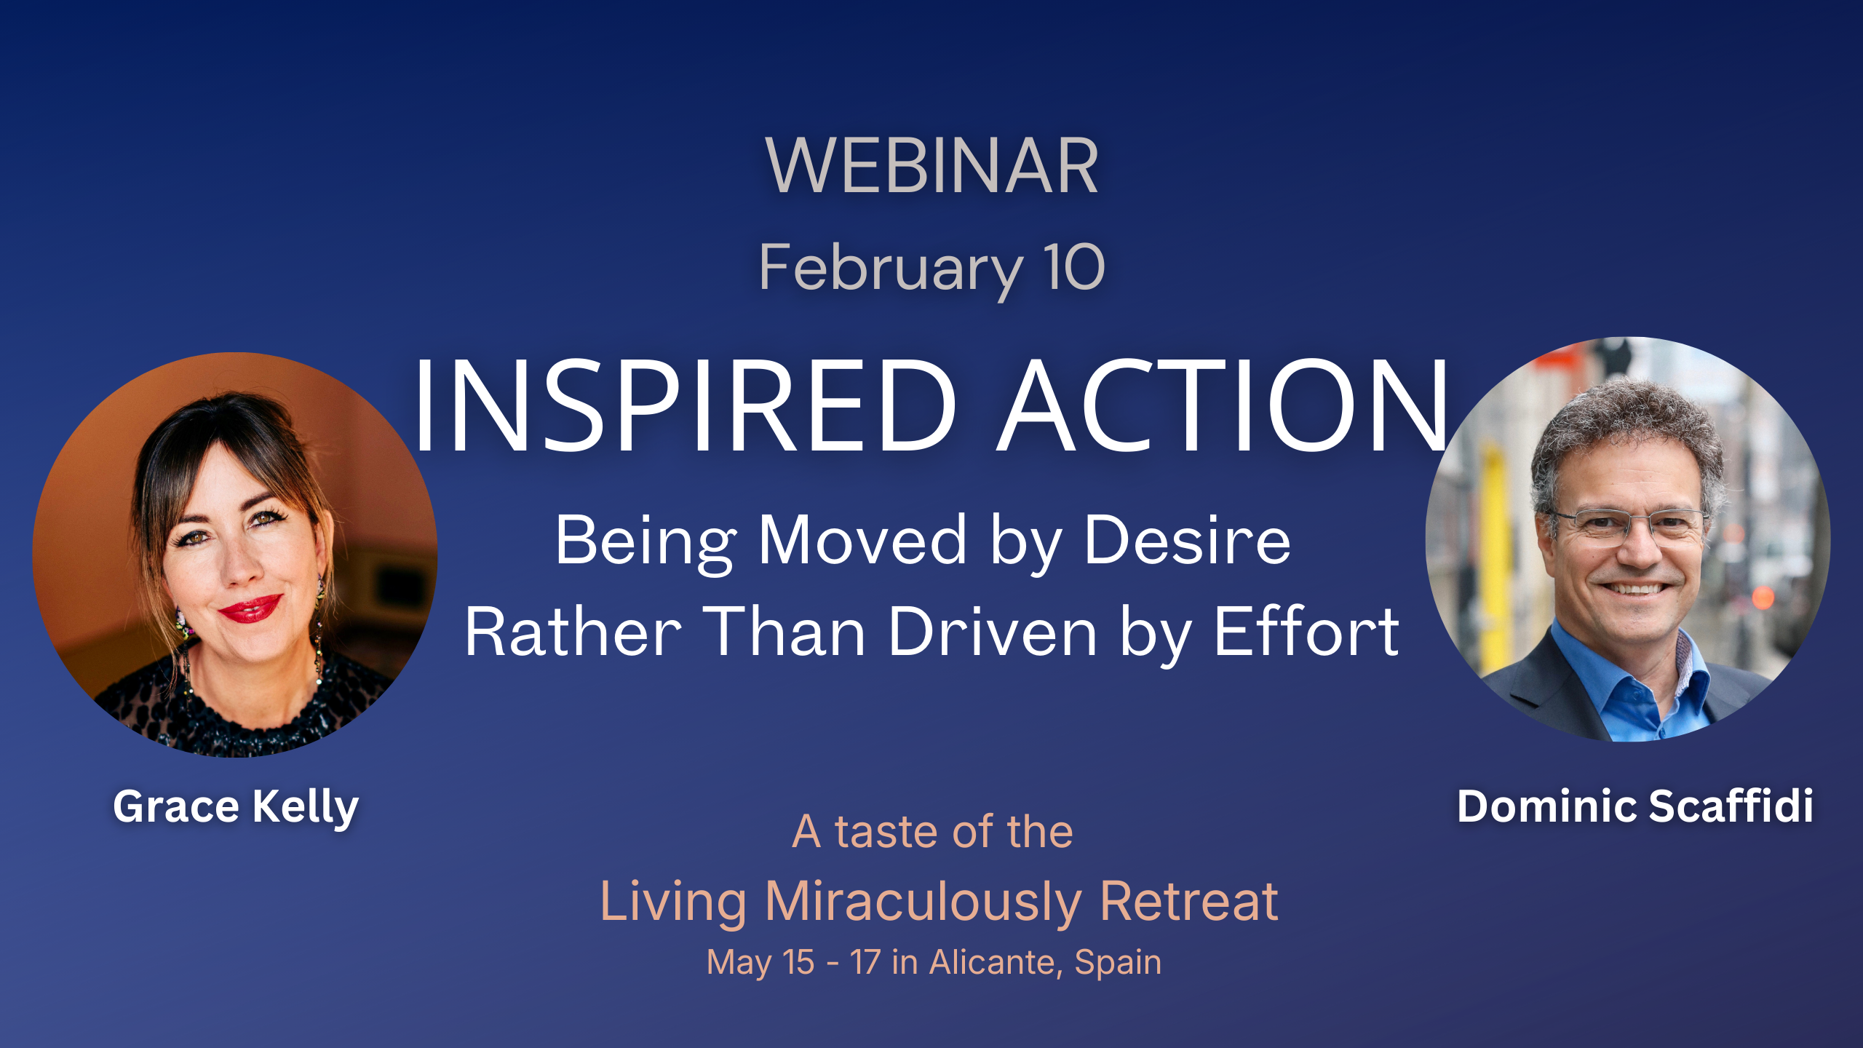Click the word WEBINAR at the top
(x=931, y=166)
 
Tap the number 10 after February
(x=1073, y=267)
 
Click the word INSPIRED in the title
(x=684, y=406)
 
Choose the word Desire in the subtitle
(x=1188, y=540)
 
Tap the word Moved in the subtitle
(x=862, y=540)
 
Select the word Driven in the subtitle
(x=993, y=632)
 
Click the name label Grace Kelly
(x=236, y=808)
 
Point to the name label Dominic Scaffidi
(x=1634, y=806)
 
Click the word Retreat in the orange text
(x=1189, y=901)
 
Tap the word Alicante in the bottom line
(x=993, y=962)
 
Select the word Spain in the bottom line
(x=1118, y=964)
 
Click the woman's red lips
(x=250, y=608)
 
